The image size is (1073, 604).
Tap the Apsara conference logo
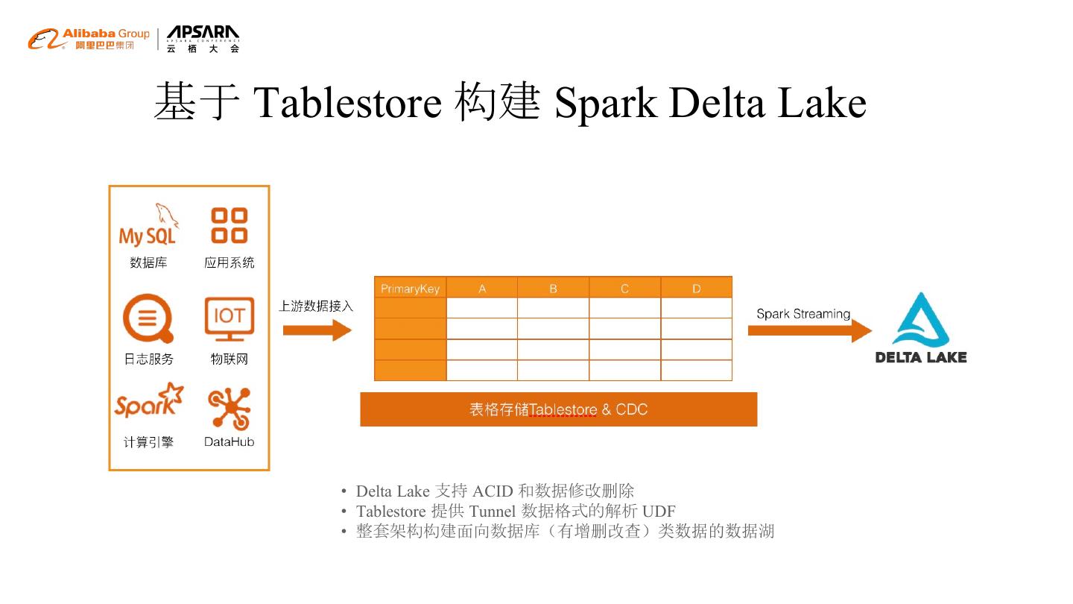[203, 39]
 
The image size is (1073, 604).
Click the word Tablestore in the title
[348, 102]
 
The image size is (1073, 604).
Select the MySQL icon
[148, 226]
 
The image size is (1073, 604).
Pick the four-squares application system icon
[230, 225]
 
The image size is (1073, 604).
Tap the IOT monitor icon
[230, 319]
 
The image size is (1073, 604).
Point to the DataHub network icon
[230, 408]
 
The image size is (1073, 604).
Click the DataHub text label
[230, 442]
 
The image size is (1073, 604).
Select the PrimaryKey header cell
[410, 289]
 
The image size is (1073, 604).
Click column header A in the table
[482, 289]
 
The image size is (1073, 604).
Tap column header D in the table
[696, 289]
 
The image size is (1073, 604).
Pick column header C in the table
[624, 289]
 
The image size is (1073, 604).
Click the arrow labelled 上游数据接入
[317, 330]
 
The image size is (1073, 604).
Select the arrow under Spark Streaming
[809, 330]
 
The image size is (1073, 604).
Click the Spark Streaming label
[803, 314]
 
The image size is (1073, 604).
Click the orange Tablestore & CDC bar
[558, 409]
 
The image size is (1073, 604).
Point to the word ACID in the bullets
[493, 491]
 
